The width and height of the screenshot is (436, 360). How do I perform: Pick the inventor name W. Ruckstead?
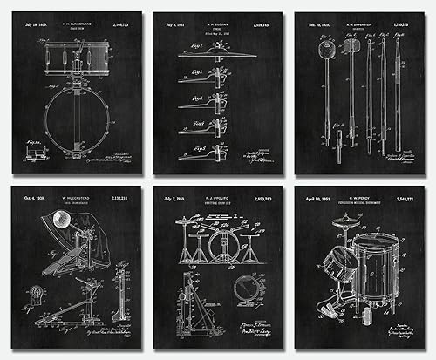77,197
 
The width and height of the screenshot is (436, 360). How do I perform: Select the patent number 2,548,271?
407,197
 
